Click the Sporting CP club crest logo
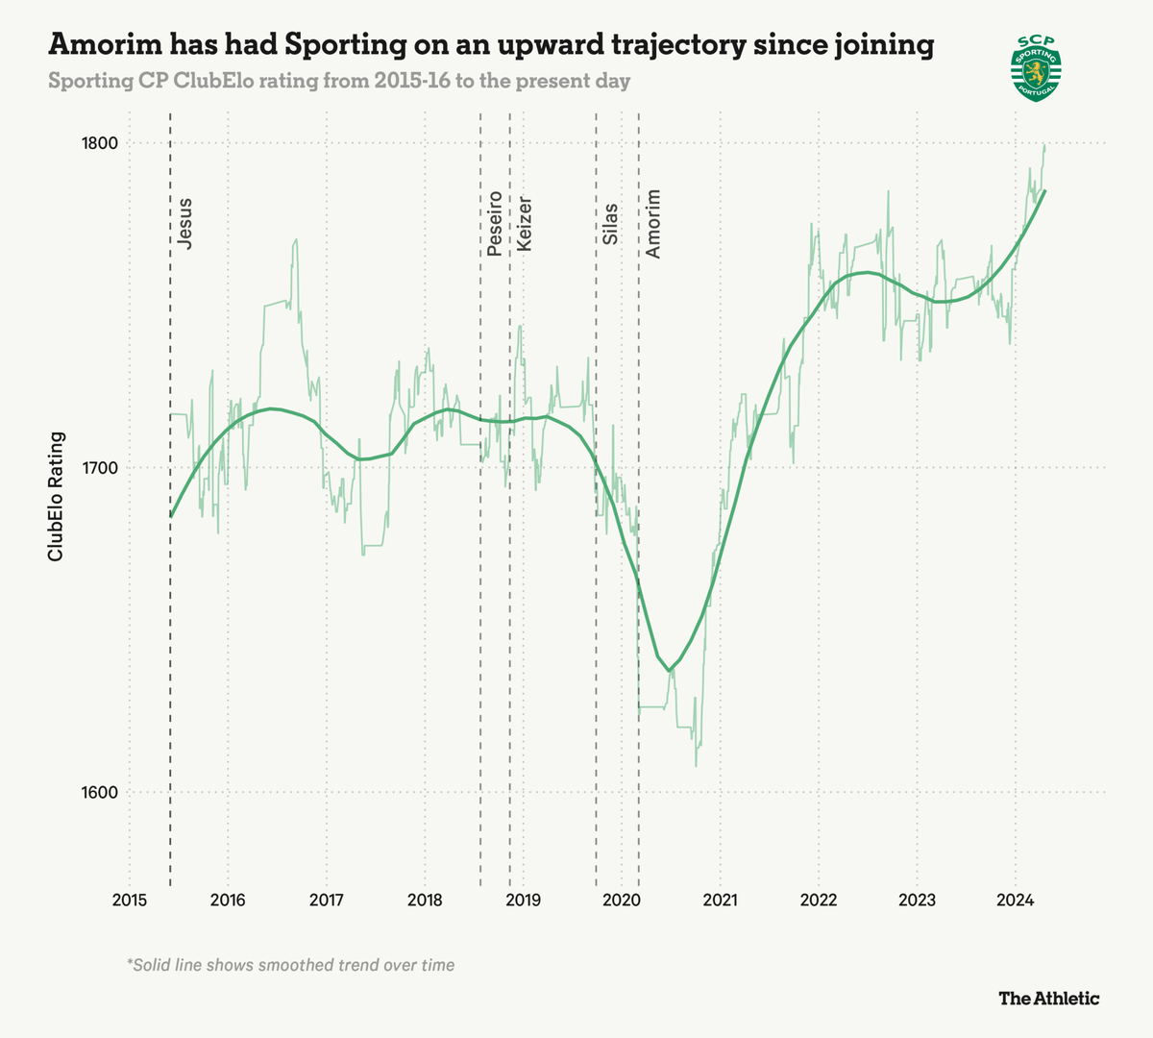(1036, 68)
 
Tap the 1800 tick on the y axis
(99, 144)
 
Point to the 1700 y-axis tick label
(99, 468)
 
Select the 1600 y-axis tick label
(99, 793)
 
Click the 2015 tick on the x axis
(130, 901)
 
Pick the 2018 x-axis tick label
(425, 901)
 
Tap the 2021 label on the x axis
(720, 901)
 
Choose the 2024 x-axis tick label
(1015, 901)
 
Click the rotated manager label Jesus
(185, 224)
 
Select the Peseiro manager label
(494, 223)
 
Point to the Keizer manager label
(524, 224)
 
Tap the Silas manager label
(610, 223)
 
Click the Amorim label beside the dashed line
(653, 223)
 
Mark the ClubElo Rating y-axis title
(57, 496)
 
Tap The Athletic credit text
(1048, 999)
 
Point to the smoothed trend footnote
(290, 964)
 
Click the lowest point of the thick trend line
(669, 670)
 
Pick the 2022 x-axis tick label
(818, 901)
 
